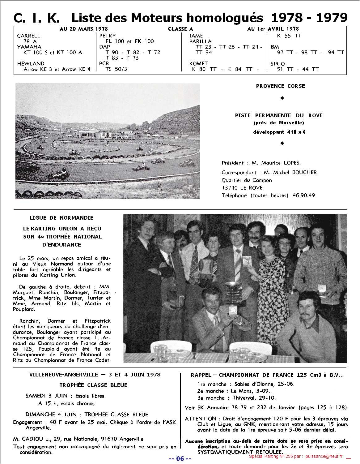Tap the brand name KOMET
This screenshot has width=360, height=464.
click(199, 64)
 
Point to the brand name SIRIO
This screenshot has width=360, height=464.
click(278, 64)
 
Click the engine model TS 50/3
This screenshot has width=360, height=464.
click(116, 69)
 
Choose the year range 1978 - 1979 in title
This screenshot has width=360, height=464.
click(309, 18)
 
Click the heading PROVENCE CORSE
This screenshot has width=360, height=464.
click(280, 86)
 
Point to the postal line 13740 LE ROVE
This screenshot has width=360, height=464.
click(242, 188)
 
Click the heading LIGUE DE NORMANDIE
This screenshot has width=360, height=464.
click(61, 218)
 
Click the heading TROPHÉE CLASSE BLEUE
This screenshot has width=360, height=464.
click(93, 385)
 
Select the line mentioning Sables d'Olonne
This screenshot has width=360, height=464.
click(246, 384)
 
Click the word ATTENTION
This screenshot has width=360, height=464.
click(200, 419)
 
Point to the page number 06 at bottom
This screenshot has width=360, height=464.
click(180, 458)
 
